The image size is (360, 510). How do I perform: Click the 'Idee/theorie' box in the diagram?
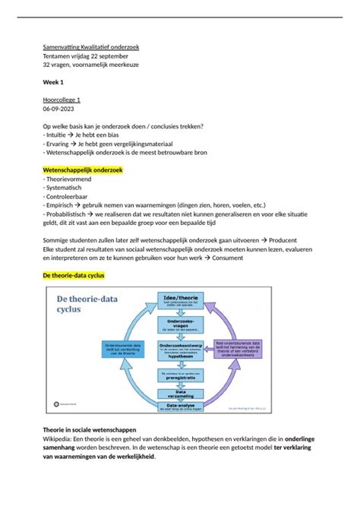180,299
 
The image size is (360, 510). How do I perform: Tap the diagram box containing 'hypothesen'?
180,349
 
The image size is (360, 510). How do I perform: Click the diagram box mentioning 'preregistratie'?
180,375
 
